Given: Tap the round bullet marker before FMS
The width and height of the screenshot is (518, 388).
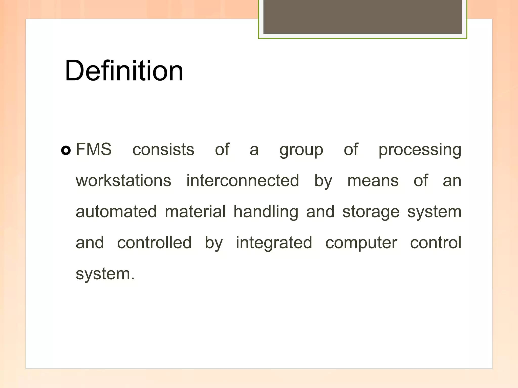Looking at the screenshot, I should coord(66,151).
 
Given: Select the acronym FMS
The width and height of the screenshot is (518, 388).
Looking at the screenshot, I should coord(94,149).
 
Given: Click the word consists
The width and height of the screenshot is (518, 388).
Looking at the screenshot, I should coord(163,149).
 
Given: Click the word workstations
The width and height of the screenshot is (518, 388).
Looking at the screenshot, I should coord(123,181).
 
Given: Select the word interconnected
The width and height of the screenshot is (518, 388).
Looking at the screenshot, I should coord(243,181).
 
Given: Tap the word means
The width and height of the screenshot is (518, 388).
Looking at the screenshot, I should coord(373,181).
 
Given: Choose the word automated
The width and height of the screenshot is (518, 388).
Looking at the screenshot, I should coord(116,212).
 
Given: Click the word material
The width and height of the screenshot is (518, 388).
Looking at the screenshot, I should coord(195,212).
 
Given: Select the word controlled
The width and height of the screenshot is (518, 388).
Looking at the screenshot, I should coord(154,243).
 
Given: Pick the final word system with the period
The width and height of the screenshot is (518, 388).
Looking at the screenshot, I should coord(105,274).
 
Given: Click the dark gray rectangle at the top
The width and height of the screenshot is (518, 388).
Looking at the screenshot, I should coord(362,17).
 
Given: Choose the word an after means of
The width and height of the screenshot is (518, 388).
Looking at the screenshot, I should coord(452,181).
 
